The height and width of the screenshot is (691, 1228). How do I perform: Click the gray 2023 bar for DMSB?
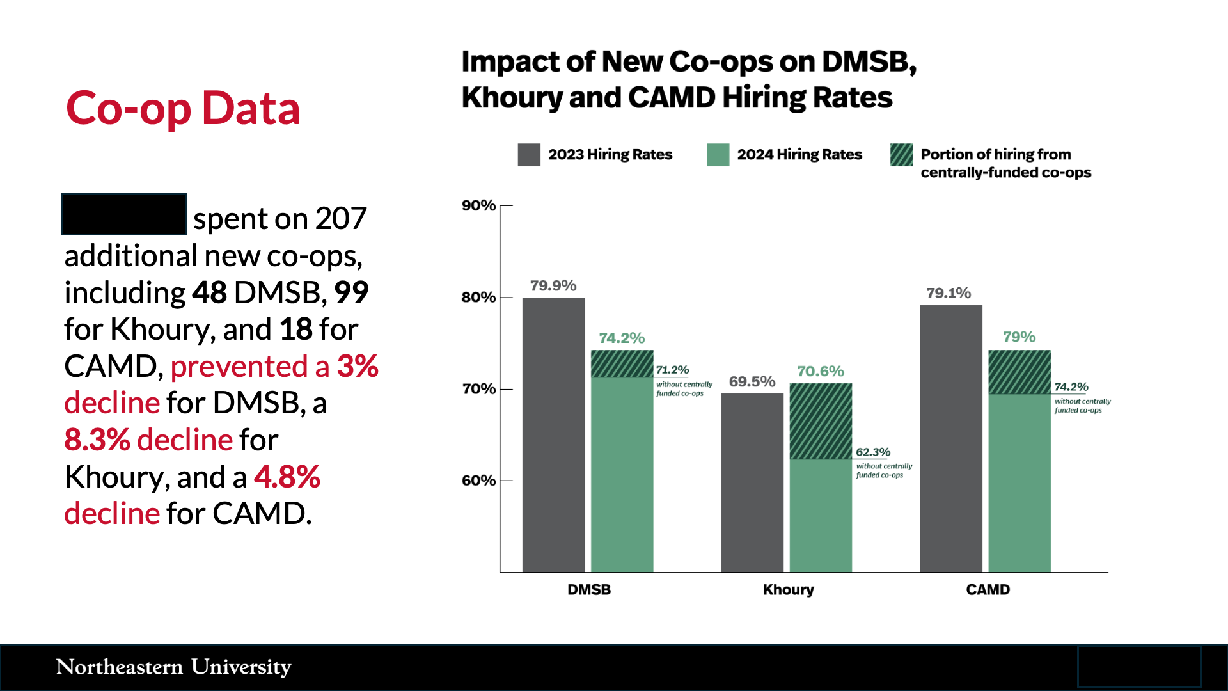[x=553, y=435]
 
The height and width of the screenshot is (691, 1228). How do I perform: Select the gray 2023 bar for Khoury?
[x=752, y=482]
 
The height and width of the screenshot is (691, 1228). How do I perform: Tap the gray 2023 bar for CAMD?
[x=950, y=439]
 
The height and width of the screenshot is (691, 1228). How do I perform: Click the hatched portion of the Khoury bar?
[x=821, y=421]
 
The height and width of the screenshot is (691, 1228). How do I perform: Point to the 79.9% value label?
[x=553, y=285]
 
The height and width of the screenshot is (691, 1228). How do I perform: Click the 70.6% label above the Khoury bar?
[x=821, y=371]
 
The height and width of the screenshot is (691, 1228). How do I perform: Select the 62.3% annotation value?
[x=873, y=452]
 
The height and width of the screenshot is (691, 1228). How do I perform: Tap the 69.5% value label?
[x=752, y=381]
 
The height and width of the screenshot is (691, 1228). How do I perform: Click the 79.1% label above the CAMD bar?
[x=949, y=293]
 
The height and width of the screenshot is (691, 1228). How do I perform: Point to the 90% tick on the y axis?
[x=479, y=205]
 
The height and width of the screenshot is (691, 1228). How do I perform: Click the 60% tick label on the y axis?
[x=479, y=481]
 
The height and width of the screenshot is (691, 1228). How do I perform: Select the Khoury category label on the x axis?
[x=788, y=589]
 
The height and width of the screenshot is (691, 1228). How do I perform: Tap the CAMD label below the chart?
[x=988, y=589]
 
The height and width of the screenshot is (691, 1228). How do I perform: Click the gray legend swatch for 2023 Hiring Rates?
[x=529, y=155]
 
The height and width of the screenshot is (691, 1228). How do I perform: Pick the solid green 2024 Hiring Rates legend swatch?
[x=718, y=155]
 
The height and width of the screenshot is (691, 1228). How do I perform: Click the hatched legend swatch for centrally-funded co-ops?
[x=902, y=155]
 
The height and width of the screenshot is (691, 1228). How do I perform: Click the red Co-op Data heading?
[x=183, y=107]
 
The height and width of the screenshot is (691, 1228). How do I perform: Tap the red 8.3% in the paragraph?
[x=97, y=440]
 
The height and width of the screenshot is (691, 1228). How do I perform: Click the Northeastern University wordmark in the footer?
[x=173, y=667]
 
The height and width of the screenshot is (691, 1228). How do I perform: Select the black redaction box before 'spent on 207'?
[x=124, y=214]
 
